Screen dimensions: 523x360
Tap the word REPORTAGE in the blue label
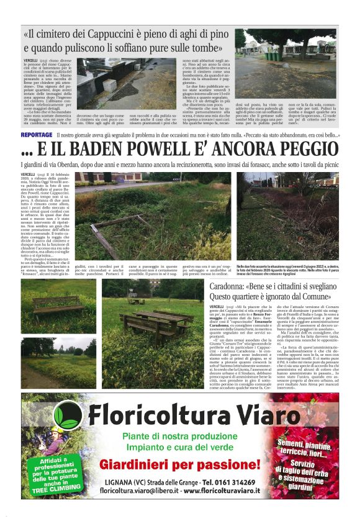coord(36,134)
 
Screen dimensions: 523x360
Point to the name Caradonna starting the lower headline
coord(230,286)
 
